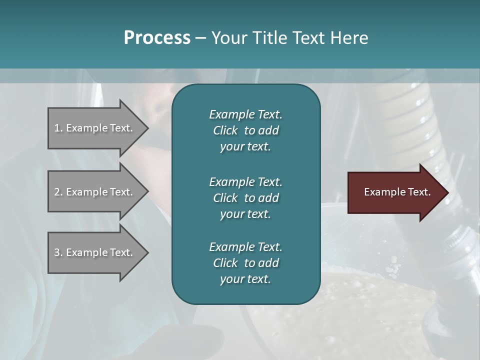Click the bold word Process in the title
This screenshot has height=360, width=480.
[x=157, y=38]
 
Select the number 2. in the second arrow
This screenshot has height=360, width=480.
[x=58, y=192]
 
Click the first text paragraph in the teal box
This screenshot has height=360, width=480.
[x=245, y=130]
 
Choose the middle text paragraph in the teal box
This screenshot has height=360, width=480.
[x=245, y=197]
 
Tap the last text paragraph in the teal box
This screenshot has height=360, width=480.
[x=245, y=263]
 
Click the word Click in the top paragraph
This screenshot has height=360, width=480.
[x=225, y=130]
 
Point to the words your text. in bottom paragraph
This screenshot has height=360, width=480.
[x=245, y=279]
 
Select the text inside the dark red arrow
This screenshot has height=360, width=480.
[x=397, y=192]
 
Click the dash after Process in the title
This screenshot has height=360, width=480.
[x=200, y=38]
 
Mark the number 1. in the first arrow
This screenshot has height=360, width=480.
[x=58, y=128]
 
